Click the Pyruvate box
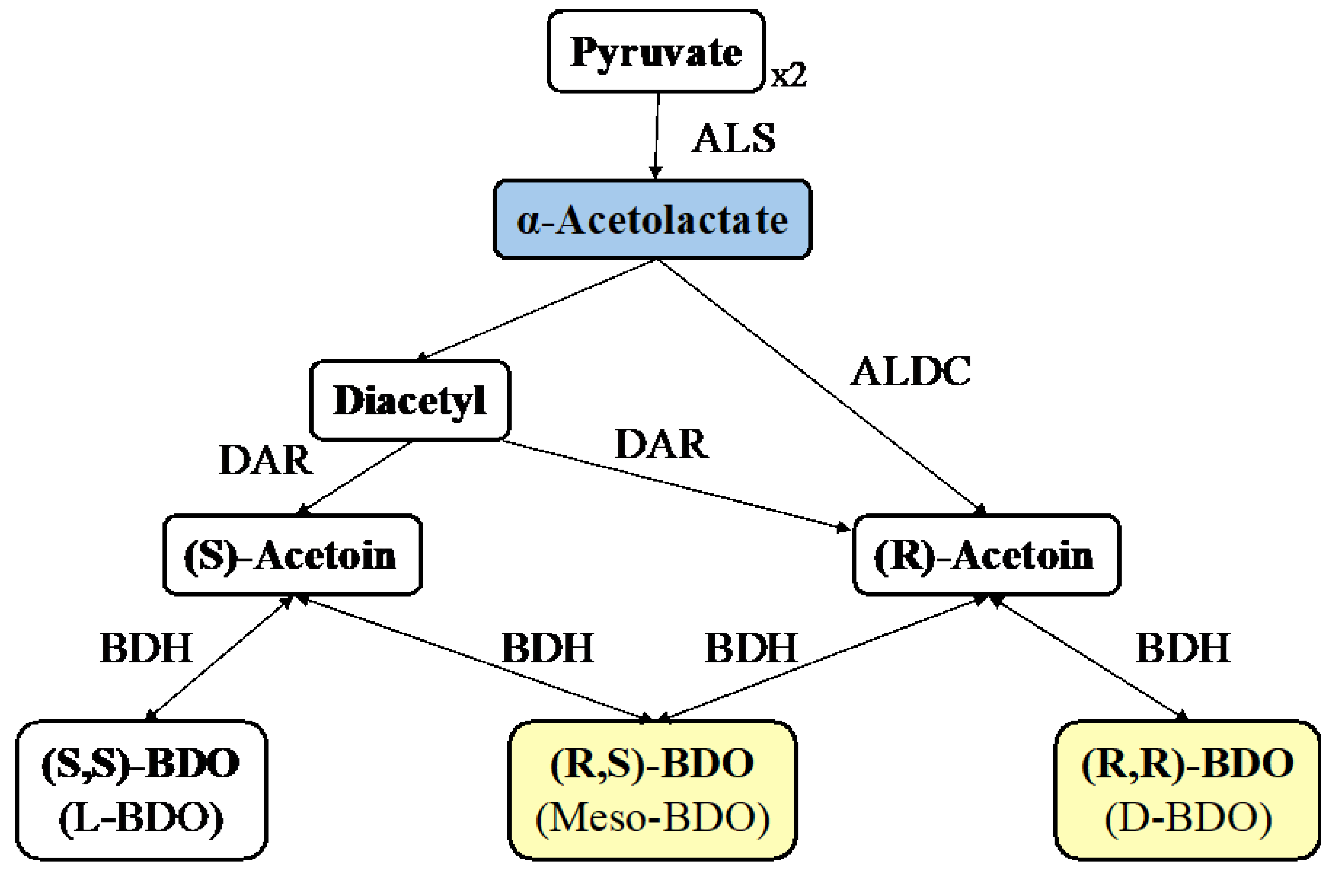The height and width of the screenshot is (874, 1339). (655, 51)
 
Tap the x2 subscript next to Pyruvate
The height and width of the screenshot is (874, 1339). (788, 75)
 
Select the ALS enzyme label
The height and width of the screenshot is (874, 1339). (733, 138)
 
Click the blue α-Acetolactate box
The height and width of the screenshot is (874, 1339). (652, 220)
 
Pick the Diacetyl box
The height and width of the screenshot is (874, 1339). (410, 400)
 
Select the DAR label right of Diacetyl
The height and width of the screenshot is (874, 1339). (662, 445)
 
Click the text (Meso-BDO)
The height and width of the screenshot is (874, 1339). (652, 819)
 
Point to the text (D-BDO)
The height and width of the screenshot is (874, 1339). (1187, 819)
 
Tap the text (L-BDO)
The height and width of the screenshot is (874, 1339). (141, 819)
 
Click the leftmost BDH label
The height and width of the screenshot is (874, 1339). (146, 648)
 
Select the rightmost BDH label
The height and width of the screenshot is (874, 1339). (1183, 648)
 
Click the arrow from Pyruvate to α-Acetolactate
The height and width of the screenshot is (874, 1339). (656, 135)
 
